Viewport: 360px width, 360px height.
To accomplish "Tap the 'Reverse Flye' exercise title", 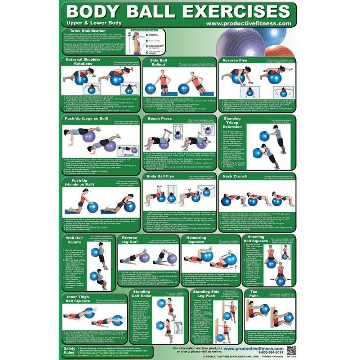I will pos(235,60).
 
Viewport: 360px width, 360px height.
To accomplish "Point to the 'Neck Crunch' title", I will pos(235,176).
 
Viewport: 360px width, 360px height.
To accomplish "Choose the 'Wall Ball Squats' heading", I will pos(74,240).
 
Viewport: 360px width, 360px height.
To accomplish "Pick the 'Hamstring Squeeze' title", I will pos(196,240).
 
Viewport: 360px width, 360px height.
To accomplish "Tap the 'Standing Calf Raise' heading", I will pos(141,294).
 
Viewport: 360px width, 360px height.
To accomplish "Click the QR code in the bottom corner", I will pos(292,350).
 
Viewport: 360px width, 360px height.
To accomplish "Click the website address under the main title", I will pos(248,23).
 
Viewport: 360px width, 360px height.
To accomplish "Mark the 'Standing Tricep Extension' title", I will pos(232,123).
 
